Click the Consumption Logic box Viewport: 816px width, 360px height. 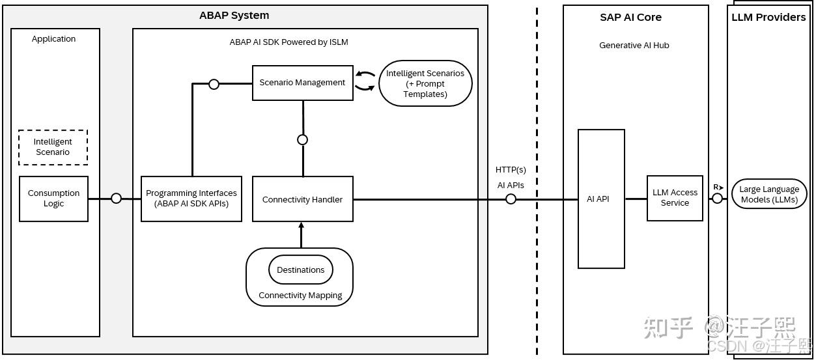[53, 199]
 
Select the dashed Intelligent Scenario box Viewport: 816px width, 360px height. [53, 147]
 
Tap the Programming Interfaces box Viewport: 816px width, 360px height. [191, 199]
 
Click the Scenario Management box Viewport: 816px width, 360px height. [302, 83]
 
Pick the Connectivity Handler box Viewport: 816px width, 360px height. [302, 199]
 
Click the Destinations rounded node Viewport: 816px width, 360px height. [300, 270]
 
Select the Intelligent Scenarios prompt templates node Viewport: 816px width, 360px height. [425, 83]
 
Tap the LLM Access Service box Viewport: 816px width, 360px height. [675, 198]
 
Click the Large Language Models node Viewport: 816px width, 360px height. [769, 194]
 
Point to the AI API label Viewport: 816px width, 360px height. [598, 199]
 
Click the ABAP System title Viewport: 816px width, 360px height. [234, 15]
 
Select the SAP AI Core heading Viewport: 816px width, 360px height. [630, 17]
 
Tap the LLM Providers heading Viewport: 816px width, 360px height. [768, 17]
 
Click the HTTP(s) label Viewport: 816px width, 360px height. [511, 170]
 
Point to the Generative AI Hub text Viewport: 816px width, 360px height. [634, 45]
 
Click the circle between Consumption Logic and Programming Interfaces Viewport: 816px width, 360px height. [116, 199]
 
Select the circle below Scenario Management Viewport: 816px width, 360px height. [302, 139]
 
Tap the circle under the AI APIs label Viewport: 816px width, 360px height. [511, 199]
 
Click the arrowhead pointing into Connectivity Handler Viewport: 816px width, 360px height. [301, 225]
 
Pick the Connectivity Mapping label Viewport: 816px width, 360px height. [300, 295]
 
